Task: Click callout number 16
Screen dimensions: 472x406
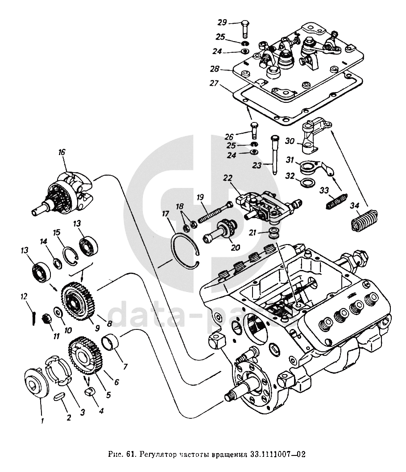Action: pos(61,152)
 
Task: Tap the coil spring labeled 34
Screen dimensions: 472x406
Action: pos(364,219)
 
